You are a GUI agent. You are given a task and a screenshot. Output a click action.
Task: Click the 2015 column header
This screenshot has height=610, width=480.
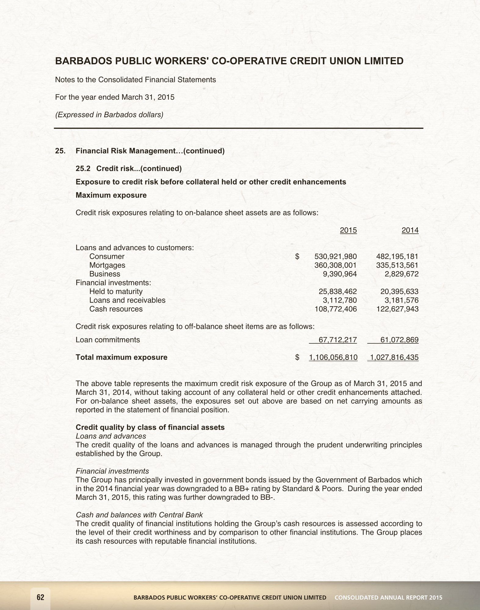pyautogui.click(x=348, y=230)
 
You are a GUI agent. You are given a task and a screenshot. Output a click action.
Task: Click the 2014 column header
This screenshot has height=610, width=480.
pyautogui.click(x=410, y=230)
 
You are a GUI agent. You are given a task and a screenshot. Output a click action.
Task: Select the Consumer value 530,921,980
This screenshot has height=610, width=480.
pyautogui.click(x=336, y=257)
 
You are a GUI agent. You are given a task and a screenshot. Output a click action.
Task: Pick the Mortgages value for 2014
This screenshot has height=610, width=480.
pyautogui.click(x=397, y=265)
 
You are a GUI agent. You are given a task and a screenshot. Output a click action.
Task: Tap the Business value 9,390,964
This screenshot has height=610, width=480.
pyautogui.click(x=340, y=274)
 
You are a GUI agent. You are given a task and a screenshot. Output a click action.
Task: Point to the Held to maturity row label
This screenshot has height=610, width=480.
pyautogui.click(x=116, y=292)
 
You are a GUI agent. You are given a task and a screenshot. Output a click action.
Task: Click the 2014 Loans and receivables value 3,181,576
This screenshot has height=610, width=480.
pyautogui.click(x=401, y=300)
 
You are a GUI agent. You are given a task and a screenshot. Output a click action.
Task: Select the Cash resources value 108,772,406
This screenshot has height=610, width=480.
pyautogui.click(x=336, y=309)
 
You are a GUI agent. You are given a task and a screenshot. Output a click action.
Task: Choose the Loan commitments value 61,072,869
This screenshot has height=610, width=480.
pyautogui.click(x=399, y=340)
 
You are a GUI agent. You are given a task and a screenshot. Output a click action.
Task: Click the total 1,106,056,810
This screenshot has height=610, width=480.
pyautogui.click(x=333, y=357)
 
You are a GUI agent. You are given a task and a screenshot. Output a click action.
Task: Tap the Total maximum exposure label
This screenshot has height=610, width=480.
pyautogui.click(x=121, y=357)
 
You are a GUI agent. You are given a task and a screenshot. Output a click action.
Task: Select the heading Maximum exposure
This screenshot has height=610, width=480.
pyautogui.click(x=111, y=195)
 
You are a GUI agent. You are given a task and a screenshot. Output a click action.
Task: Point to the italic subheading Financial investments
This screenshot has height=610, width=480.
pyautogui.click(x=112, y=471)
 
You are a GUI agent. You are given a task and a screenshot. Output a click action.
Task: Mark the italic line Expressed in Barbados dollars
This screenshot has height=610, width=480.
pyautogui.click(x=109, y=115)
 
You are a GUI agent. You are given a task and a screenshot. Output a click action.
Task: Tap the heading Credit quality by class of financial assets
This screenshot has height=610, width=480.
pyautogui.click(x=150, y=427)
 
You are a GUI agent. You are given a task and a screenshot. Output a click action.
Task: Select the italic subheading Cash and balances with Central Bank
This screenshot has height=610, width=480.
pyautogui.click(x=139, y=515)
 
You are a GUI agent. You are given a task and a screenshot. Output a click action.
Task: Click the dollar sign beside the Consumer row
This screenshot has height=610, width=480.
pyautogui.click(x=298, y=257)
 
